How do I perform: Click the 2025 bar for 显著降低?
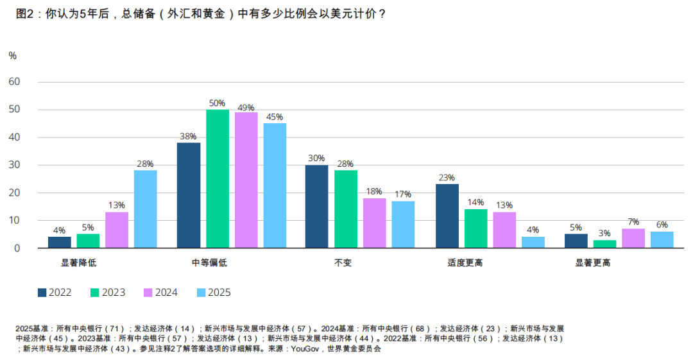(146, 209)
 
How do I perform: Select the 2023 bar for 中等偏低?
(218, 178)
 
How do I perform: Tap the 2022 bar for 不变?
(316, 206)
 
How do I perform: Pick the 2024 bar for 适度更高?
(504, 230)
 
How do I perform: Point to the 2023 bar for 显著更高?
(604, 244)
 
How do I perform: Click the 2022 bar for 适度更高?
(447, 216)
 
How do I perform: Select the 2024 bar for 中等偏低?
(246, 180)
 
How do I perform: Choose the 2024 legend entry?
(161, 293)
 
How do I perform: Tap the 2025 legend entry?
(214, 293)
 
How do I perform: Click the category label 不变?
(343, 263)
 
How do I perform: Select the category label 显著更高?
(592, 263)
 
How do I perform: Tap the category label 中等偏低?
(209, 263)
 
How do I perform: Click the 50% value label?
(218, 103)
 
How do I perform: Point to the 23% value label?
(447, 178)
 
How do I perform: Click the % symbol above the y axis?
(13, 56)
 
